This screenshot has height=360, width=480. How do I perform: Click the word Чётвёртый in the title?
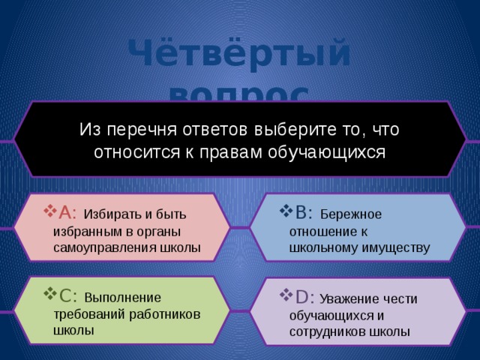pyautogui.click(x=239, y=55)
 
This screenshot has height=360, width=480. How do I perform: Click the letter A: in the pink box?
pyautogui.click(x=66, y=213)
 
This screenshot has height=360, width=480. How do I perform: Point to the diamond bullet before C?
pyautogui.click(x=49, y=293)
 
